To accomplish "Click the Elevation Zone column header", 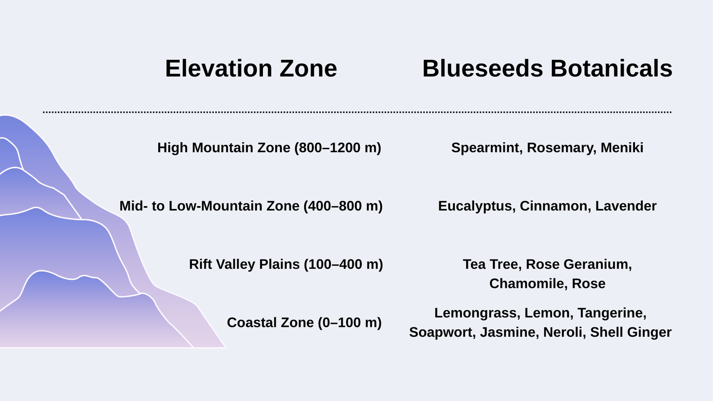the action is coord(251,68).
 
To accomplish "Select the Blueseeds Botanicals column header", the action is coord(547,68).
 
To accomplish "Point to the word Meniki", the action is coord(622,148).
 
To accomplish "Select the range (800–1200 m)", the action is coord(337,148).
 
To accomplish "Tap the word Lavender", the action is coord(626,206).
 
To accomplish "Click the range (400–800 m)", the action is coord(343,206).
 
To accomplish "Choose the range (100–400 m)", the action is coord(344,265).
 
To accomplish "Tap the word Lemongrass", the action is coord(477,313).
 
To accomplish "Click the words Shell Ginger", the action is coord(631,333).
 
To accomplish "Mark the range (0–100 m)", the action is coord(350,323).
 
